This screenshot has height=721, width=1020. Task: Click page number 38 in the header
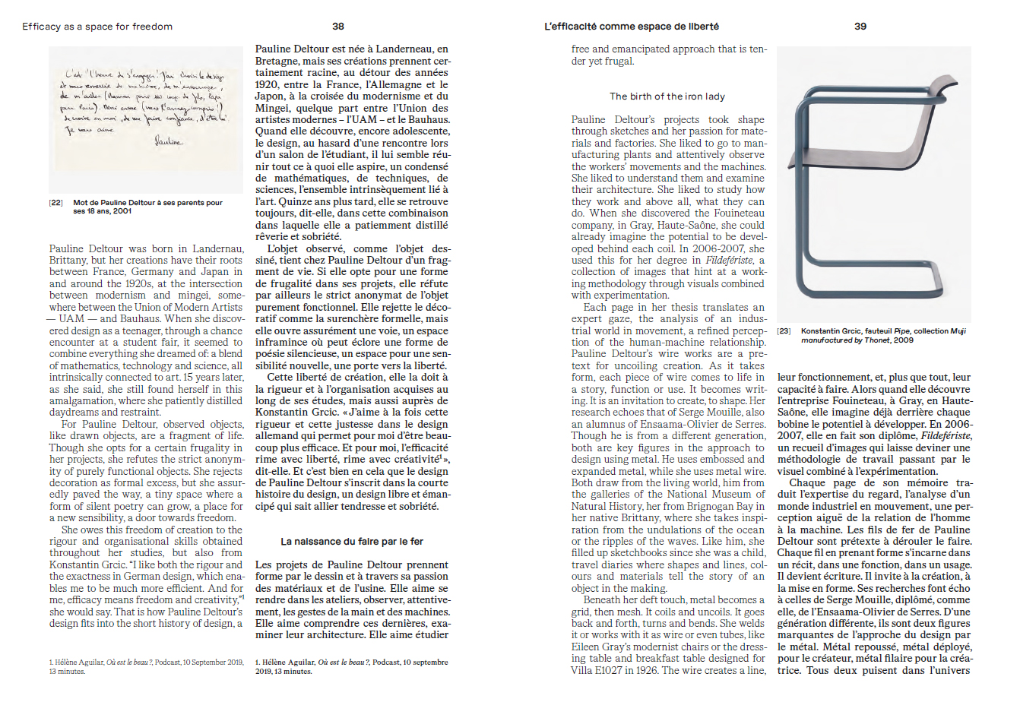tap(338, 26)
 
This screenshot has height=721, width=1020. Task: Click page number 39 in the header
tap(860, 26)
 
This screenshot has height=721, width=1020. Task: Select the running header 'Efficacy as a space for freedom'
tap(97, 27)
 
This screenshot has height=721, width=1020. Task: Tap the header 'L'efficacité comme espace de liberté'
tap(631, 27)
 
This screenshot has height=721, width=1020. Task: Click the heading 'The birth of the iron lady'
tap(667, 96)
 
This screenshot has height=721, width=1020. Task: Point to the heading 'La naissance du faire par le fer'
tap(352, 542)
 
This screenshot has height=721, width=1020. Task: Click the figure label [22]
tap(56, 203)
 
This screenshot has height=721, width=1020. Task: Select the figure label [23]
tap(784, 331)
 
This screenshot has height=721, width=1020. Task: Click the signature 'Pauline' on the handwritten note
tap(169, 141)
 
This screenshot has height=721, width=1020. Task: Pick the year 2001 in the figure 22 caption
tap(121, 212)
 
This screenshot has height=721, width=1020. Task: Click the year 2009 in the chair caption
tap(904, 340)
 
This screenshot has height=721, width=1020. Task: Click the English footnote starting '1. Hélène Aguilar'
tap(146, 666)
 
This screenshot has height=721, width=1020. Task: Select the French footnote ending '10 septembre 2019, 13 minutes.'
tap(351, 666)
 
